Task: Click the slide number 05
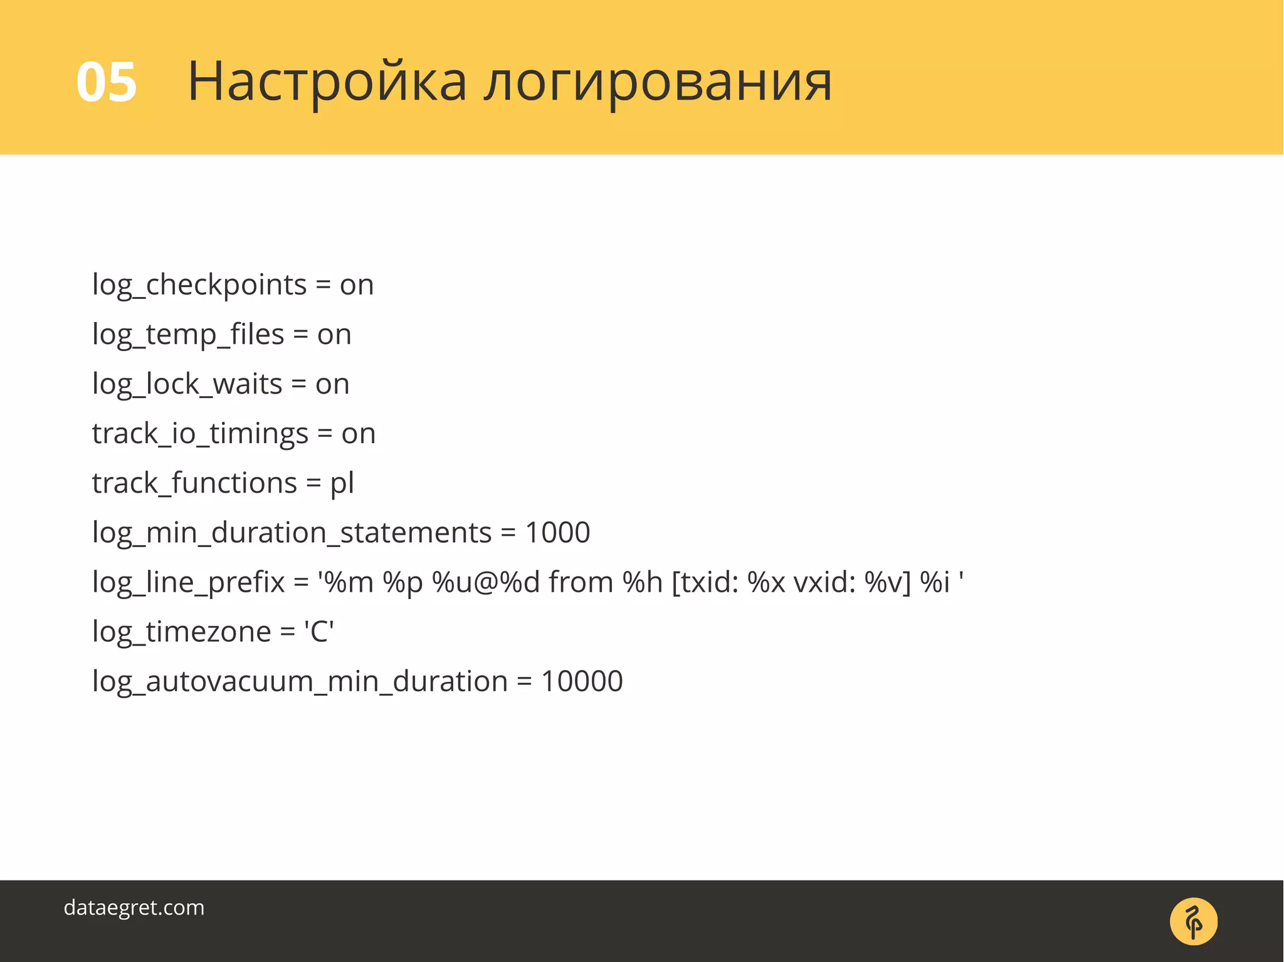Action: pos(106,82)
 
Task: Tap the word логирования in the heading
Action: pos(658,82)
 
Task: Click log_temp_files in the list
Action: pos(188,335)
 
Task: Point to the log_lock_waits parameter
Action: pos(187,384)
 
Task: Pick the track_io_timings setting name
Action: pos(200,434)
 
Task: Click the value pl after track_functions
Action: pos(342,483)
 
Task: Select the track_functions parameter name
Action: pos(194,483)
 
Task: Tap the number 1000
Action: pos(557,533)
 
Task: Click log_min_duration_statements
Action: pos(292,533)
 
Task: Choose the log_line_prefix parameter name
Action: pos(188,582)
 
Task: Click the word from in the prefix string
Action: pos(581,582)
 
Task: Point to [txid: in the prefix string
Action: pos(705,582)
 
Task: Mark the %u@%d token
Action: pos(486,582)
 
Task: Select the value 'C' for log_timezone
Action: pos(318,632)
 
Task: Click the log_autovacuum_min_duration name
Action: pos(300,681)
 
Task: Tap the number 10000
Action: pos(582,681)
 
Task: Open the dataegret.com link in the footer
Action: pos(134,907)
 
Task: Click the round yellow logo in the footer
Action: pos(1193,921)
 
